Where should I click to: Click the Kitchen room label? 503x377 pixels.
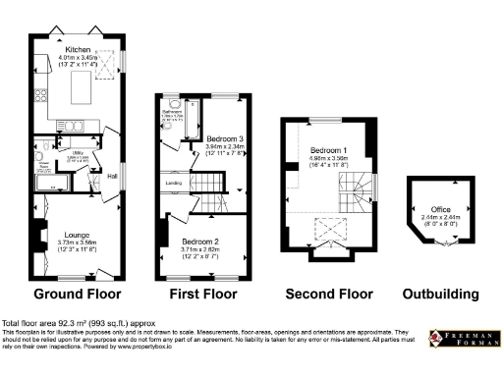78,49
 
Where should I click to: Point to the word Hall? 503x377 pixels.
112,176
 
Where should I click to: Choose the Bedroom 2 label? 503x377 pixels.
199,241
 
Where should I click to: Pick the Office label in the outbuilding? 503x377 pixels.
439,209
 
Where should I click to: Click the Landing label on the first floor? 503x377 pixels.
172,182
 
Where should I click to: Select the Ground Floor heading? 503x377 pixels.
78,294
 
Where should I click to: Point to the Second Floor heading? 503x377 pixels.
328,294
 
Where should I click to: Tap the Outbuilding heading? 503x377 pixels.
441,294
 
